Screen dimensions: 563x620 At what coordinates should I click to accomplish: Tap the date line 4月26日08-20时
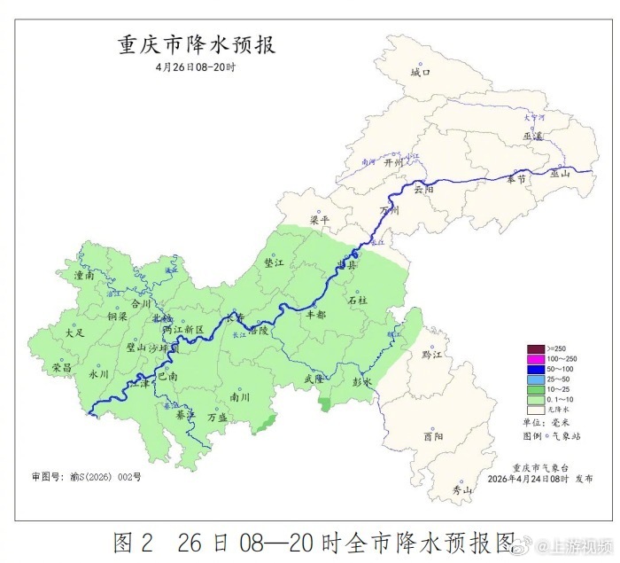coord(197,67)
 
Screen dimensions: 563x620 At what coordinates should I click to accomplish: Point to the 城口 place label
coord(420,73)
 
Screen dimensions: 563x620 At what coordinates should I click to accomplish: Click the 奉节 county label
coord(516,179)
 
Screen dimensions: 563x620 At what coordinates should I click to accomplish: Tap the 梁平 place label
coord(320,220)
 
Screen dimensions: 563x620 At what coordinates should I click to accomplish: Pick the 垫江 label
coord(275,263)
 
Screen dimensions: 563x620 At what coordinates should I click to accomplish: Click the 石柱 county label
coord(358,301)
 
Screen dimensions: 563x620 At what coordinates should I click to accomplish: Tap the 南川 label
coord(239,397)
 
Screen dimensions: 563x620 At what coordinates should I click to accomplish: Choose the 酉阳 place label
coord(433,436)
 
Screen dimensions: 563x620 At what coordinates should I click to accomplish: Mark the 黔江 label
coord(431,355)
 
